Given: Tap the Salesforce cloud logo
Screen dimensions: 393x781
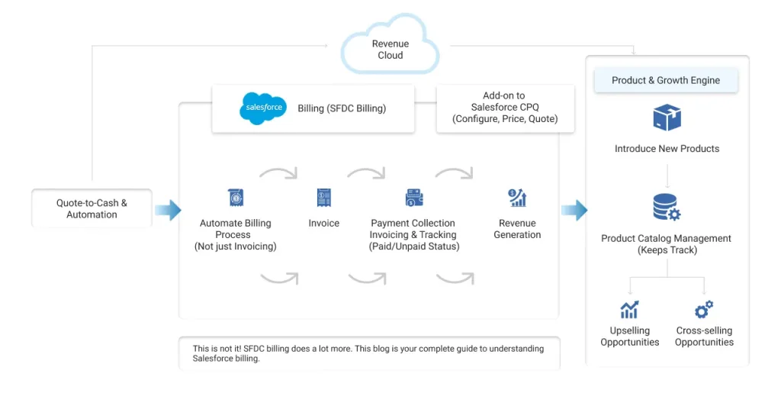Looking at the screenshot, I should [263, 108].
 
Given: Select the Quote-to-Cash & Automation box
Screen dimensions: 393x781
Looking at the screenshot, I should [92, 209].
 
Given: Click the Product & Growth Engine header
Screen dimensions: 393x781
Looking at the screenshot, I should [666, 80].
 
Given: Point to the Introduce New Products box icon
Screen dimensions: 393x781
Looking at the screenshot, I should [667, 118].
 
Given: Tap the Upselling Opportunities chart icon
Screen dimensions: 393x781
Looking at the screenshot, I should [629, 309].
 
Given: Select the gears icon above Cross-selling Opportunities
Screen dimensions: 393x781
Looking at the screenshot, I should [704, 309].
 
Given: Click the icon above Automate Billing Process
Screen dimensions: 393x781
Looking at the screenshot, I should [236, 198].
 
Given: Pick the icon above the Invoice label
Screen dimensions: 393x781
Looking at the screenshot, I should [324, 198].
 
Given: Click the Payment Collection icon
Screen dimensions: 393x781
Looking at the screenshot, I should [414, 198].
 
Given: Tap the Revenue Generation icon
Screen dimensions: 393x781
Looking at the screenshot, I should [517, 198].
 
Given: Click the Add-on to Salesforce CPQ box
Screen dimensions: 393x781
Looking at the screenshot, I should [504, 108].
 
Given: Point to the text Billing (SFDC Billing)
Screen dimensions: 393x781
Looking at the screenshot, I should [342, 108].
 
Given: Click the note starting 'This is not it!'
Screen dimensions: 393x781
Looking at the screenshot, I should [368, 353].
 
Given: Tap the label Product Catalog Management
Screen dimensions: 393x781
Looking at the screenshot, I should [666, 238].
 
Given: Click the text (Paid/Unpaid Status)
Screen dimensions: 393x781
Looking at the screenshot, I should [414, 246].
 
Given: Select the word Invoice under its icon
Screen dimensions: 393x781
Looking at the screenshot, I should [324, 224].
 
